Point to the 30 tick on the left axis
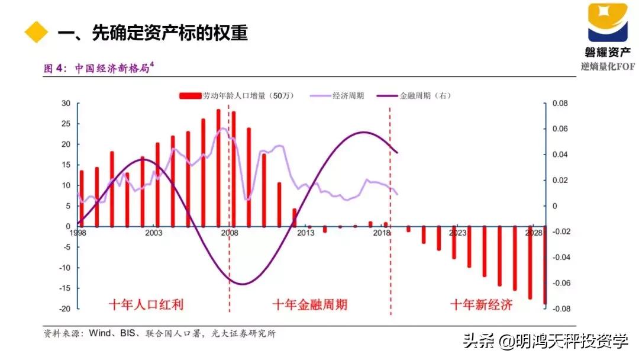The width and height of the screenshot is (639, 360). pos(66,104)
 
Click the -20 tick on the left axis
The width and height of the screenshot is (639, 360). pos(64,308)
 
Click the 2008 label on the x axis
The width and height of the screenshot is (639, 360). pos(230,233)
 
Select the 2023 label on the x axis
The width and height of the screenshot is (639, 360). pos(457,233)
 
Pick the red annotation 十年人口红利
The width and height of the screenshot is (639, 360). pos(146,305)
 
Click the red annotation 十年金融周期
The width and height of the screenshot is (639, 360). pos(309,305)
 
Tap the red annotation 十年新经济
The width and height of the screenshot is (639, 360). pos(481,305)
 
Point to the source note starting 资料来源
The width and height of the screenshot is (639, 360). pos(160,333)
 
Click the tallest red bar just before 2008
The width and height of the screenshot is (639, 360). pos(218,168)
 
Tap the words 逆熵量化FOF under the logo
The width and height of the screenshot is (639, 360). pos(608,66)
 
